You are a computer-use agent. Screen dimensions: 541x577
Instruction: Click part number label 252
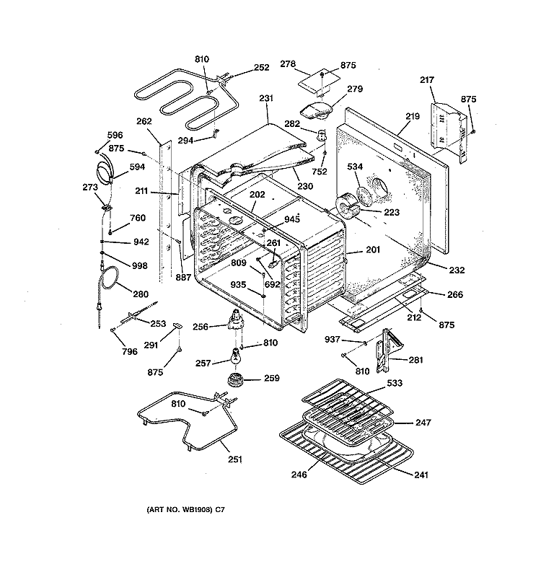coord(261,67)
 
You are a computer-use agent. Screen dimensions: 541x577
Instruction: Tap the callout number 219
coord(413,116)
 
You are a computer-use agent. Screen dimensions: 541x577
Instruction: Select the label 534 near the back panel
coord(355,167)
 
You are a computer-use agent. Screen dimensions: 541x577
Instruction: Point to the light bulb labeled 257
coord(235,356)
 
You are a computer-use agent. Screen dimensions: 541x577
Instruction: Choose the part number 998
coord(139,265)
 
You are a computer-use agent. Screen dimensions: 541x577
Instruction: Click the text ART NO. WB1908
coord(180,510)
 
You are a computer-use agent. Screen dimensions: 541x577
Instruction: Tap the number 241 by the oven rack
coord(421,475)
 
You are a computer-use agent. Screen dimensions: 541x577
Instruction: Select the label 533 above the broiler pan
coord(395,383)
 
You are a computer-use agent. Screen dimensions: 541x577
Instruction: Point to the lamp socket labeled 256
coord(236,321)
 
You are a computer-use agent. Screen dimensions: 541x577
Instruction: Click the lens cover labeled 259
coord(236,379)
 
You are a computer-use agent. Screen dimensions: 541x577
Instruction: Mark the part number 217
coord(427,80)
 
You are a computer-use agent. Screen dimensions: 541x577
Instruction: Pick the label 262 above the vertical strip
coord(144,121)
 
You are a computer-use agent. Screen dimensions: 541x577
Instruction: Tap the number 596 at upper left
coord(115,135)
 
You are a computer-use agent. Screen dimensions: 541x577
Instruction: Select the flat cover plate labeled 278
coord(318,82)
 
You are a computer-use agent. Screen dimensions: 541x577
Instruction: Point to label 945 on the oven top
coord(292,219)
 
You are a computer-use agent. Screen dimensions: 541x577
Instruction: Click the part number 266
coord(455,295)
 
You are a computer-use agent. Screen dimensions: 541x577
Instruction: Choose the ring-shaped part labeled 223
coord(347,208)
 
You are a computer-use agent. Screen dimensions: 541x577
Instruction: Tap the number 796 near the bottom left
coord(130,352)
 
